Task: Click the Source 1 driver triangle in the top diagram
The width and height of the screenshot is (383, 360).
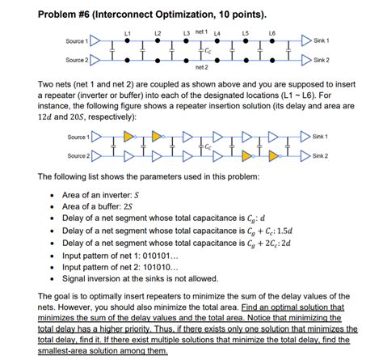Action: pyautogui.click(x=95, y=40)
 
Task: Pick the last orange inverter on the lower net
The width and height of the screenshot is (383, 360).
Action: pyautogui.click(x=276, y=155)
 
